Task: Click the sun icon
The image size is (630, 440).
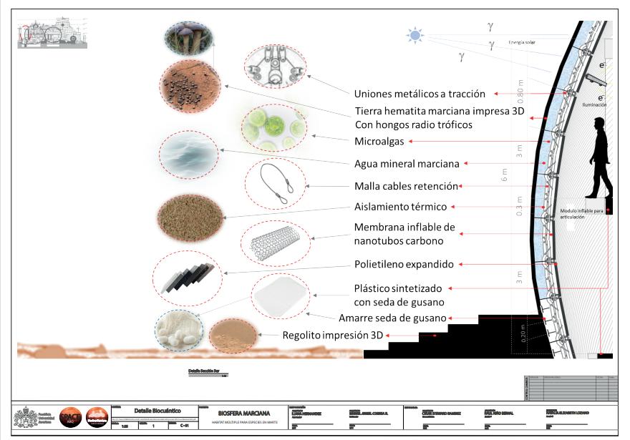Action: [x=415, y=34]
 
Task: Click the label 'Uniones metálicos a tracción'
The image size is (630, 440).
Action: [x=420, y=94]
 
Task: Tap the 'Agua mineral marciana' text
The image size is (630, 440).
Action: [x=407, y=164]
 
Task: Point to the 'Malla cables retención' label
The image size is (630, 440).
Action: [x=406, y=186]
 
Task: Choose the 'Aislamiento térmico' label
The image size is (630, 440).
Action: [x=401, y=207]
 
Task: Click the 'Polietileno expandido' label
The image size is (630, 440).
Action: [x=404, y=264]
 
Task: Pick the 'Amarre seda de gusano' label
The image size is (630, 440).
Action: [x=394, y=318]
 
